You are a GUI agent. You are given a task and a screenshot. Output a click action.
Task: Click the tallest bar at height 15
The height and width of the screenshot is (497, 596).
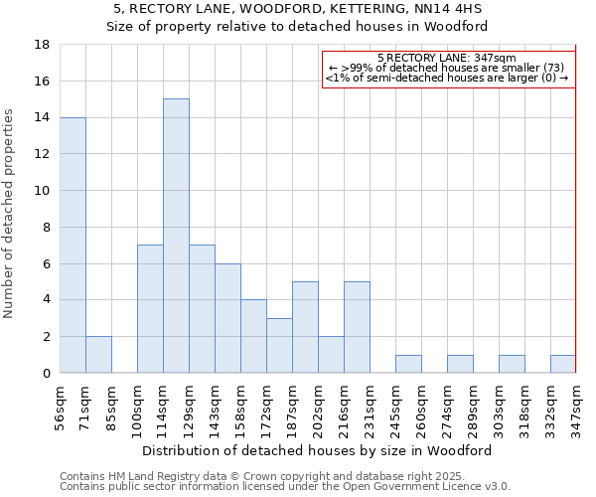[176, 236]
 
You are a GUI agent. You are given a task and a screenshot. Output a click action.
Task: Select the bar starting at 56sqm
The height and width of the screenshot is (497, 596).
[73, 245]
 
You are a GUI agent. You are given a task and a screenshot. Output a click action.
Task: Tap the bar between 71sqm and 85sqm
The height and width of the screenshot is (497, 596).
[98, 355]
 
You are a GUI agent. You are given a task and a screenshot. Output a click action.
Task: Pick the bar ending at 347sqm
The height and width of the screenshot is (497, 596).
[563, 364]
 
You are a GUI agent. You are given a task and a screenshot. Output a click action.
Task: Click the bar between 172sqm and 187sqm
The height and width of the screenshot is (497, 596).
[279, 346]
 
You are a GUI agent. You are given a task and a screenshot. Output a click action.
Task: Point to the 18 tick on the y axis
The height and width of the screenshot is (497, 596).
[43, 45]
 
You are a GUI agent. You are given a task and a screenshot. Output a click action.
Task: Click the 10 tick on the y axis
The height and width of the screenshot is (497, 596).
[43, 191]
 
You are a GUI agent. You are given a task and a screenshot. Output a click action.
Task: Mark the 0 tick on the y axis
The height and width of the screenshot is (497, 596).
[46, 373]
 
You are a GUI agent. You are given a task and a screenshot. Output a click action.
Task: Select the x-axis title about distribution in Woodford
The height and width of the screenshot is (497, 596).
[317, 450]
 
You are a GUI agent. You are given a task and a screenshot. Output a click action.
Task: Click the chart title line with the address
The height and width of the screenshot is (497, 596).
[297, 9]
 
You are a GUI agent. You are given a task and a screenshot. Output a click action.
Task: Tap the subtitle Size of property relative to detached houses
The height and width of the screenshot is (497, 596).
[297, 27]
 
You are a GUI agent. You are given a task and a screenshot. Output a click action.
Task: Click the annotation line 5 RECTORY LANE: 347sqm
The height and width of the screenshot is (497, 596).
[447, 59]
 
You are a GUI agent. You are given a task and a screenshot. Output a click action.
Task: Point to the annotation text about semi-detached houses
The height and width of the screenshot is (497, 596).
[447, 78]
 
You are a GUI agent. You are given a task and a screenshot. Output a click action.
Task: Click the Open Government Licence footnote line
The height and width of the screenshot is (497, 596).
[285, 487]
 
